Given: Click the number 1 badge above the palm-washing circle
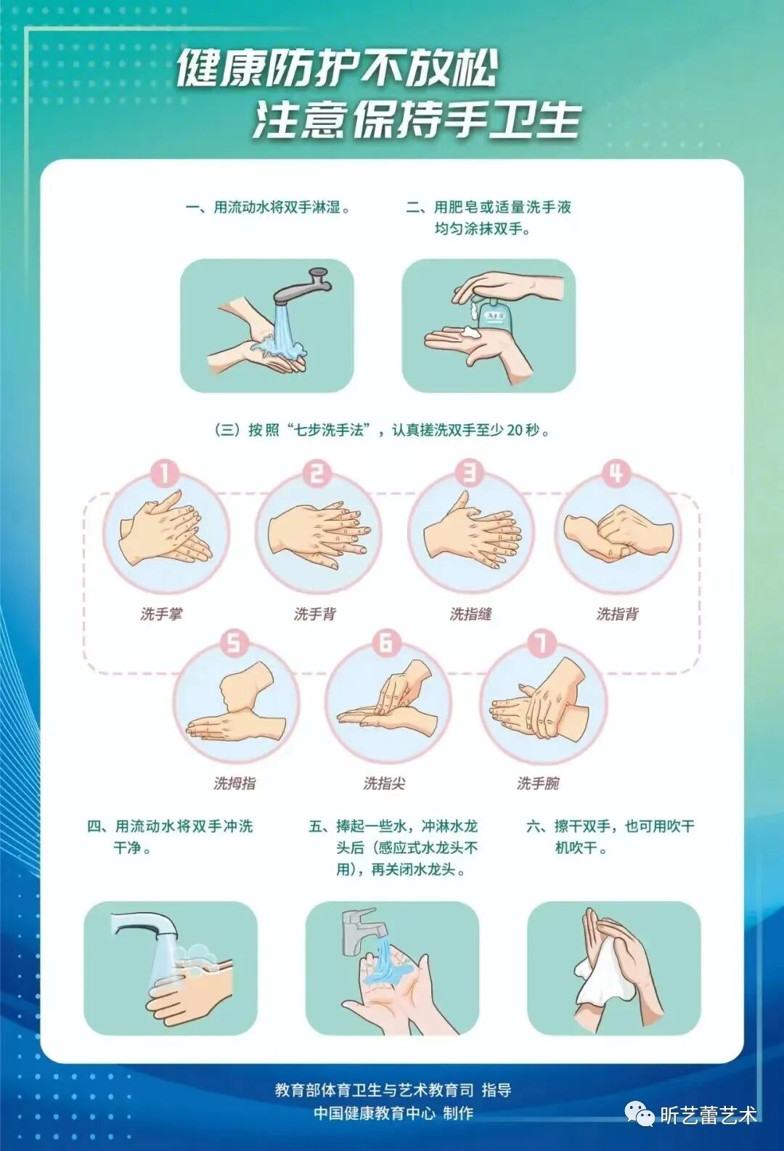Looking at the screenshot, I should tap(164, 473).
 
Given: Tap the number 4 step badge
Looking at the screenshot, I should tap(616, 473).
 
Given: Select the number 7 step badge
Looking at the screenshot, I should tap(541, 643).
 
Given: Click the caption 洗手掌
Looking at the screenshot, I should tap(161, 614).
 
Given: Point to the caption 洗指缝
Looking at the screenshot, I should tap(470, 614).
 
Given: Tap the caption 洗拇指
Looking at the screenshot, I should tap(234, 784).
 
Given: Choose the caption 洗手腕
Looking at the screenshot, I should tap(538, 784).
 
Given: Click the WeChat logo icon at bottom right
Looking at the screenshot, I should tap(640, 1113).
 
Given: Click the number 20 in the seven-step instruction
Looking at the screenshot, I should tap(515, 430).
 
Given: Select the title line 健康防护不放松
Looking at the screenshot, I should tap(337, 69).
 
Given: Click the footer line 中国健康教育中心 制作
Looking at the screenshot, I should tap(393, 1113).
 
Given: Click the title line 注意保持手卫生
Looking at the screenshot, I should tap(417, 120).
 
